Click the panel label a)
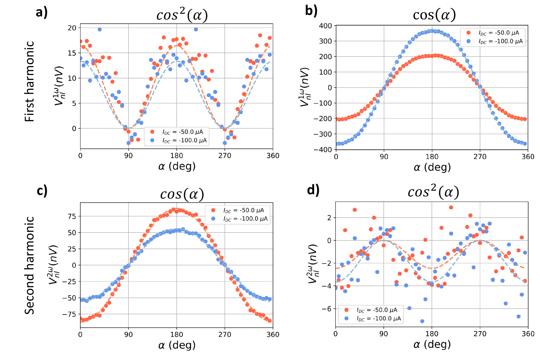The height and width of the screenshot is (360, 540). [42, 12]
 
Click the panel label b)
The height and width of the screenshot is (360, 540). [311, 11]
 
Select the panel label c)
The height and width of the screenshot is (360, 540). [42, 191]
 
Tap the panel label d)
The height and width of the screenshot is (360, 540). [313, 190]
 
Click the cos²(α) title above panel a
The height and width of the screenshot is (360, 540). [182, 15]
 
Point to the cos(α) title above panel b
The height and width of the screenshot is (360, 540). [434, 15]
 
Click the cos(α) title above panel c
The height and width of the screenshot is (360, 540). [182, 194]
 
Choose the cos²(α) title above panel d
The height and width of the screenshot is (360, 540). [433, 192]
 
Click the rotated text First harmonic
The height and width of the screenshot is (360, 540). [30, 81]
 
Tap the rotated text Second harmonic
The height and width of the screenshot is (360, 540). [30, 265]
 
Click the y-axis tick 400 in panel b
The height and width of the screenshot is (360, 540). [325, 26]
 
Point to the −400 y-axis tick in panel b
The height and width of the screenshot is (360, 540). [323, 149]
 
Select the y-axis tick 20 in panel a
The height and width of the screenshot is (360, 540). [72, 28]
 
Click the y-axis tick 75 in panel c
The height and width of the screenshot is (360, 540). [72, 216]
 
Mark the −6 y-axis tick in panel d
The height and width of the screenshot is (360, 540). [326, 309]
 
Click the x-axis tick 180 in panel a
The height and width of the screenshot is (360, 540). [176, 156]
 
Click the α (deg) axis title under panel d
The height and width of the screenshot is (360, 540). [432, 344]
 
